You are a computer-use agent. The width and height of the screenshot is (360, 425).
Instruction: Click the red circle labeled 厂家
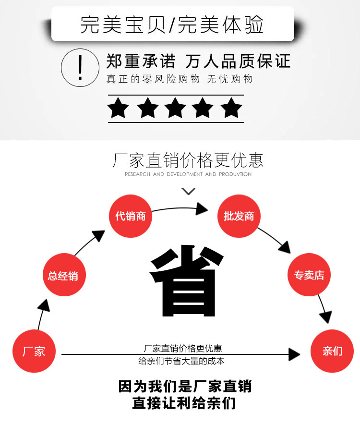pyautogui.click(x=34, y=351)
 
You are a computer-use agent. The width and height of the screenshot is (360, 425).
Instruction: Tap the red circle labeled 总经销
pyautogui.click(x=64, y=276)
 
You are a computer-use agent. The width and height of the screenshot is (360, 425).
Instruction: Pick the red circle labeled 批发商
pyautogui.click(x=239, y=216)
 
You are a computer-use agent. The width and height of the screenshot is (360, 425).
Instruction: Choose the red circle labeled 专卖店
pyautogui.click(x=309, y=275)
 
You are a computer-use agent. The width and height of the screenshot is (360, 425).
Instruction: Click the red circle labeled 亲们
pyautogui.click(x=332, y=351)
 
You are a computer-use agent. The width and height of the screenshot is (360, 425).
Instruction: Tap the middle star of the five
pyautogui.click(x=175, y=108)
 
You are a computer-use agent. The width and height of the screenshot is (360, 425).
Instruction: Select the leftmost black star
pyautogui.click(x=118, y=108)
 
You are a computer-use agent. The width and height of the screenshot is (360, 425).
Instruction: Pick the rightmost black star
pyautogui.click(x=232, y=108)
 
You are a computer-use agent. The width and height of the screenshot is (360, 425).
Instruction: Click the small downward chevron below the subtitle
pyautogui.click(x=189, y=191)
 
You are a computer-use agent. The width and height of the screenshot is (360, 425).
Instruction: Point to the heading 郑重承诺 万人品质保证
pyautogui.click(x=198, y=61)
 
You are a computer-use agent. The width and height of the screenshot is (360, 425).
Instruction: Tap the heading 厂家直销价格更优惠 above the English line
pyautogui.click(x=188, y=160)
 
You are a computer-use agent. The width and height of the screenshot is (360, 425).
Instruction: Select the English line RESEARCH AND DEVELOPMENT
pyautogui.click(x=188, y=174)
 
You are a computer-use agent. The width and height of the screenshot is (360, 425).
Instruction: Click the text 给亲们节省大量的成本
pyautogui.click(x=182, y=362)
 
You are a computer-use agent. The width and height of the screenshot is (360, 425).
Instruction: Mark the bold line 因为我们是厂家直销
pyautogui.click(x=185, y=387)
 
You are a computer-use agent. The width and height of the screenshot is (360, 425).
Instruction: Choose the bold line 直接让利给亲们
pyautogui.click(x=185, y=403)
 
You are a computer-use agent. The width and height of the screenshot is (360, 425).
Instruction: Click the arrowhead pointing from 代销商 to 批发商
pyautogui.click(x=202, y=209)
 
